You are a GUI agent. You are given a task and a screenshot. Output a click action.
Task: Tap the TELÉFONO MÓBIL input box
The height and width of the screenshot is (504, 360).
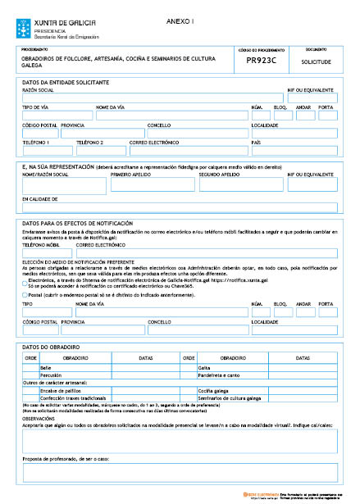point(47,254)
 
